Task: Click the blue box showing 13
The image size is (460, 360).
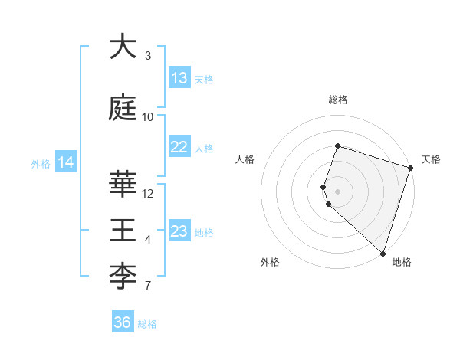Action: (x=179, y=78)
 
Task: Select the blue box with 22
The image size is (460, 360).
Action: (x=179, y=147)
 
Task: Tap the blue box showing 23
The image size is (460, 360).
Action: (x=179, y=231)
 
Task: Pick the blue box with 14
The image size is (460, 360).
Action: (x=66, y=162)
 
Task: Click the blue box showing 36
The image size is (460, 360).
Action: (x=123, y=322)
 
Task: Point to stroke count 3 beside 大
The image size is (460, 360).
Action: (x=147, y=56)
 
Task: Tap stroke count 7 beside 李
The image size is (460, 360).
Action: (x=147, y=286)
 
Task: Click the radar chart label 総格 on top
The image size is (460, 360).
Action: (x=338, y=100)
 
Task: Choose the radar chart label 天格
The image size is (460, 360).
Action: (x=431, y=159)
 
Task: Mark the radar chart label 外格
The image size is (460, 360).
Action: (x=270, y=263)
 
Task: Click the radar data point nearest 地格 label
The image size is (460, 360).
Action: (x=383, y=253)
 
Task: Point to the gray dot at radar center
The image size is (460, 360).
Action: (x=338, y=191)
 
